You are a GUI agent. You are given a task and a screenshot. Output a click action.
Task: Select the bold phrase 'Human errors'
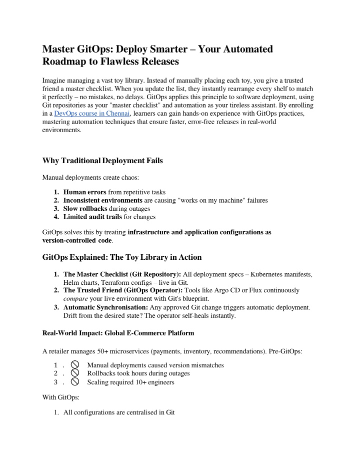[82, 192]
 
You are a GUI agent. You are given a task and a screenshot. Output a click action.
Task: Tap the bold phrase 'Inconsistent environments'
[102, 200]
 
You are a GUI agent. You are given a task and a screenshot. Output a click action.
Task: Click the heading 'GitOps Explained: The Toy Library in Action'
[122, 257]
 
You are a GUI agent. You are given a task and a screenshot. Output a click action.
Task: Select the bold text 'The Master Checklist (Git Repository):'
[122, 274]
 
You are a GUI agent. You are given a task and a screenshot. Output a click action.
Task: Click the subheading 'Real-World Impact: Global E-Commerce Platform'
[117, 333]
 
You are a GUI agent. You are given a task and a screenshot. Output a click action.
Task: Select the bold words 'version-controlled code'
[76, 240]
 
